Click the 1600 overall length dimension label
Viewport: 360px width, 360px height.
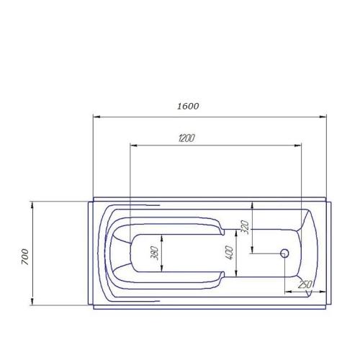coord(188,106)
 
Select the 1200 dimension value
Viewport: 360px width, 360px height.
coord(186,138)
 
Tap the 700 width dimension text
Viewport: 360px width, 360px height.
coord(25,257)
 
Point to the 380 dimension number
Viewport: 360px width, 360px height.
coord(155,253)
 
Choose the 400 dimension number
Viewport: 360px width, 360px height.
coord(229,253)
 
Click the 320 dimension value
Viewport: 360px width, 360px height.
coord(245,227)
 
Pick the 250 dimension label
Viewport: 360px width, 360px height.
coord(305,284)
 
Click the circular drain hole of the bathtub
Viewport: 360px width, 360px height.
coord(284,253)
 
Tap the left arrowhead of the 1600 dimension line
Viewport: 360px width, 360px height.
coord(96,117)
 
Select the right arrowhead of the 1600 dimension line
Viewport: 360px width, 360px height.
coord(323,117)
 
